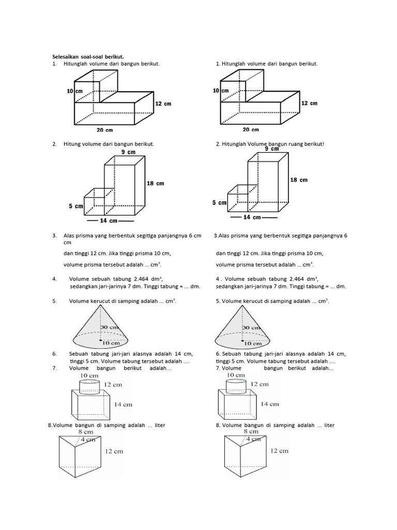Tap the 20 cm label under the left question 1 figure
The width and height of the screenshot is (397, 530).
(105, 130)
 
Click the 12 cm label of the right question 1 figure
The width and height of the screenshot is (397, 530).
(309, 103)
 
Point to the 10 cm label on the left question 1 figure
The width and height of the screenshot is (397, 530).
(74, 91)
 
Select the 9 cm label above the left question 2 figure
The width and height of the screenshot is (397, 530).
(128, 152)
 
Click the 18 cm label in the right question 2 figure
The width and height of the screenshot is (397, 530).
(299, 180)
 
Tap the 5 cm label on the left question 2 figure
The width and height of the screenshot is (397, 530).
(75, 206)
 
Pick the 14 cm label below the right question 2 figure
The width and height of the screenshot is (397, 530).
(254, 217)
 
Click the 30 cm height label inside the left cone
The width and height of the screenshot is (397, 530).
(111, 327)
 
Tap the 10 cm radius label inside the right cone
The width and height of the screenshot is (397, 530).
(253, 343)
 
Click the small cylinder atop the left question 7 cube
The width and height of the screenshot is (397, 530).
(90, 386)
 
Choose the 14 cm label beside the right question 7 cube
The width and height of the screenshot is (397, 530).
(270, 404)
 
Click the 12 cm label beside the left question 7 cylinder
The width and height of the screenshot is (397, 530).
(115, 385)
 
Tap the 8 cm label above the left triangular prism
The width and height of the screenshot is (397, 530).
(86, 431)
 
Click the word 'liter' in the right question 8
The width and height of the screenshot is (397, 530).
(327, 425)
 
